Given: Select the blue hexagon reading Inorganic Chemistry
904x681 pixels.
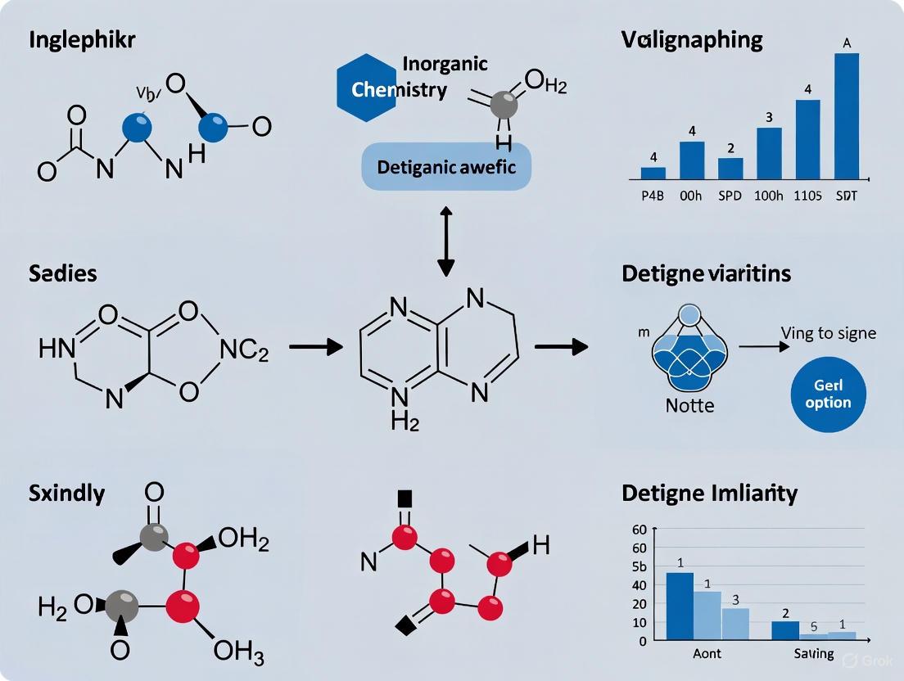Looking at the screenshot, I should coord(368,88).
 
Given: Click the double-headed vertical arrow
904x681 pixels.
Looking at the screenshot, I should coord(445,241).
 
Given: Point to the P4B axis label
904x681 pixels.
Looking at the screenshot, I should coord(653,196).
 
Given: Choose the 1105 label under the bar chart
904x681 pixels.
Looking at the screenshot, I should coord(808,196).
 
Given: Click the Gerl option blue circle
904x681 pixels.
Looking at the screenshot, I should coord(828,394).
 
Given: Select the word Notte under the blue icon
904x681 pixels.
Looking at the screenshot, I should coord(689,405).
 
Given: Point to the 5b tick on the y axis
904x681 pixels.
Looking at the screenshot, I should coord(639,566).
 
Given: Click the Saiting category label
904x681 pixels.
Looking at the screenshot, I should coord(814,653).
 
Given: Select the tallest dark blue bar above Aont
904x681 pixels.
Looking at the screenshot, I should coord(680,606).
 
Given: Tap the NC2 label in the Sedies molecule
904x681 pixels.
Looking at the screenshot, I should coord(244,352).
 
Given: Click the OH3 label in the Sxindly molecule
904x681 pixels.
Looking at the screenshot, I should coord(237,652).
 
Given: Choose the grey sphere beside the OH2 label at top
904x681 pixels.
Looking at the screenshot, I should coord(505,104).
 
